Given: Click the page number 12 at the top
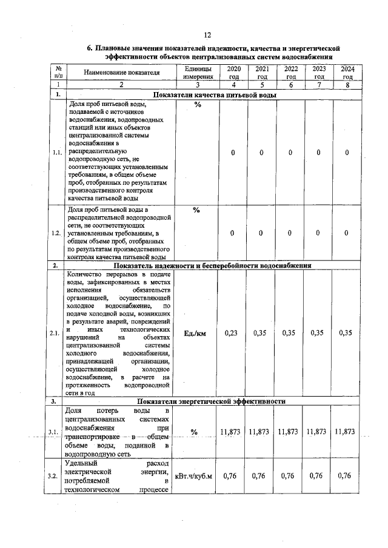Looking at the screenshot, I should pyautogui.click(x=207, y=35).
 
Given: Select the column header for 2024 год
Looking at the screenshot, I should pyautogui.click(x=347, y=73).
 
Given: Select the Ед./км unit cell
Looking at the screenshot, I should pyautogui.click(x=196, y=333).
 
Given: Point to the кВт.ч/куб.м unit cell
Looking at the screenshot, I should pyautogui.click(x=194, y=475).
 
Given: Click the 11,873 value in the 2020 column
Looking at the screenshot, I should pyautogui.click(x=230, y=432).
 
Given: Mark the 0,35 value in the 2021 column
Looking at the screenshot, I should pyautogui.click(x=260, y=333).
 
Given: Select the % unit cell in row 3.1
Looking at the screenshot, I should pyautogui.click(x=194, y=432).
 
